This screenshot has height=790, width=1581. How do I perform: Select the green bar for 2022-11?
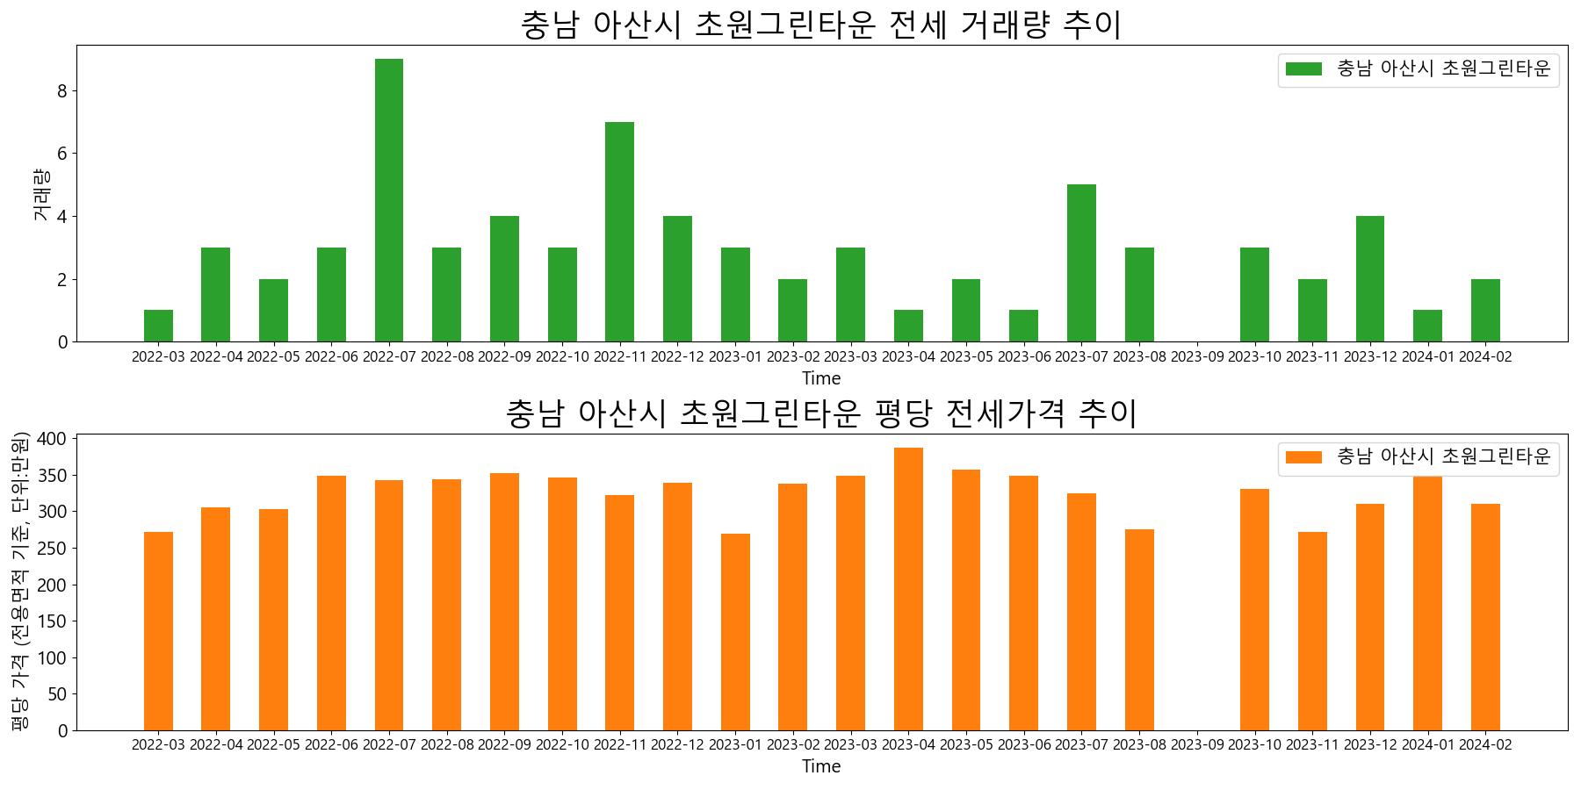coord(619,232)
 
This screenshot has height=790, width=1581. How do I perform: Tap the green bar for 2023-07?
coord(1081,263)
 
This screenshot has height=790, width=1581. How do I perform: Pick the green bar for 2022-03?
coord(158,327)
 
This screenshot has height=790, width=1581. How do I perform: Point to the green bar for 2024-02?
coord(1485,311)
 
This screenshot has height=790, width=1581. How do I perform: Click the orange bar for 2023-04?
coord(908,589)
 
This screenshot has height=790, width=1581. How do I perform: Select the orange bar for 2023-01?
coord(735,632)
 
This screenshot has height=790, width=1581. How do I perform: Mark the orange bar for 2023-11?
coord(1312,631)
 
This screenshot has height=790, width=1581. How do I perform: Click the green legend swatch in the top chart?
coord(1303,69)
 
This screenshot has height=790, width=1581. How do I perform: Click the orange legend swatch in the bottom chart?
coord(1303,457)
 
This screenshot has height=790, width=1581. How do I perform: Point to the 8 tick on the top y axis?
coord(63,90)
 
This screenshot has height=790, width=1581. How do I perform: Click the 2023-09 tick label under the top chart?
coord(1197,357)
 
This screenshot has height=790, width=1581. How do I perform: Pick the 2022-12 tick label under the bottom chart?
coord(677,745)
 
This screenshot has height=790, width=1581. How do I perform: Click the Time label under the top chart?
coord(821,378)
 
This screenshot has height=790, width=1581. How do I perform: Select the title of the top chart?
coord(821,25)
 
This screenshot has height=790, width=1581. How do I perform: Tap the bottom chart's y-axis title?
coord(20,581)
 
